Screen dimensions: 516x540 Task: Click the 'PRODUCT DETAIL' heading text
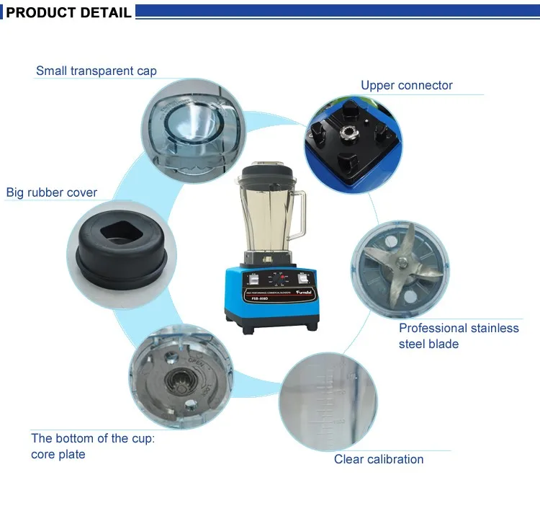[x=69, y=12]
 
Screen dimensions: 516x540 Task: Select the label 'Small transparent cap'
[x=96, y=71]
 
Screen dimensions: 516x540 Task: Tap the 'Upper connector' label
[x=407, y=85]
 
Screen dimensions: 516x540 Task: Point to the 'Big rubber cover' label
[x=52, y=192]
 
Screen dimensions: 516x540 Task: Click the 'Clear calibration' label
[x=379, y=459]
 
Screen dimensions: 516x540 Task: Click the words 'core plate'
[x=58, y=454]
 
